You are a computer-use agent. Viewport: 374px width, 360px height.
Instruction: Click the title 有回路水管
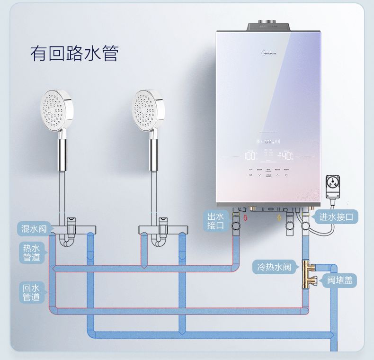click(74, 54)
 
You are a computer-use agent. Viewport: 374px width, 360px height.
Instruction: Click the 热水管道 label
click(32, 252)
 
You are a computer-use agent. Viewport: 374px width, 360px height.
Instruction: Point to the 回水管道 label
click(32, 292)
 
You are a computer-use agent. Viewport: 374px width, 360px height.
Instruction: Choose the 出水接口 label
click(215, 221)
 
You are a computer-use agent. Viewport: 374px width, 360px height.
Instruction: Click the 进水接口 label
click(336, 217)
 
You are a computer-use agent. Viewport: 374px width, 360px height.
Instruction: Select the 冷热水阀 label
click(274, 267)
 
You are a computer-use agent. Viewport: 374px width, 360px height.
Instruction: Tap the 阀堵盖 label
click(340, 280)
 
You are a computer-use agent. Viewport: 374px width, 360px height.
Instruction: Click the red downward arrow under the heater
click(245, 218)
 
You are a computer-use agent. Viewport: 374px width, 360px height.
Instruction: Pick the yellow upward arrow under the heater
click(278, 218)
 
